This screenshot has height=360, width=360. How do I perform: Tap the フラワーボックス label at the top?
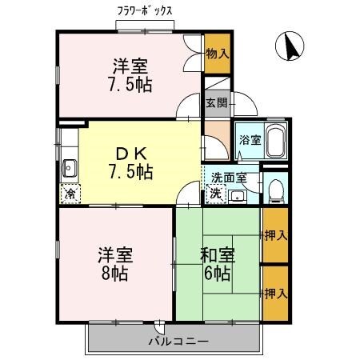tap(145, 11)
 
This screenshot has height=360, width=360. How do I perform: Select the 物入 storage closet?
tap(217, 54)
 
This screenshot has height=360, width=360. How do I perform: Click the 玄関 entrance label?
tap(216, 102)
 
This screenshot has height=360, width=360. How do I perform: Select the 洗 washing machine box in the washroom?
tap(215, 193)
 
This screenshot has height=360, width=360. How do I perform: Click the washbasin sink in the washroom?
tap(238, 195)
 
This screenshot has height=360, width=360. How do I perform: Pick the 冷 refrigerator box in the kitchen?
tap(70, 193)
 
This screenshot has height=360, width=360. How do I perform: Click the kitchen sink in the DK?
tap(69, 168)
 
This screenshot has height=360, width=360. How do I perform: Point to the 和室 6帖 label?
tap(216, 264)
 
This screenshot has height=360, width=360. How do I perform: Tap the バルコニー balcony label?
tap(178, 342)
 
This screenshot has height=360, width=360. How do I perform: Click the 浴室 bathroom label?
tap(250, 140)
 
